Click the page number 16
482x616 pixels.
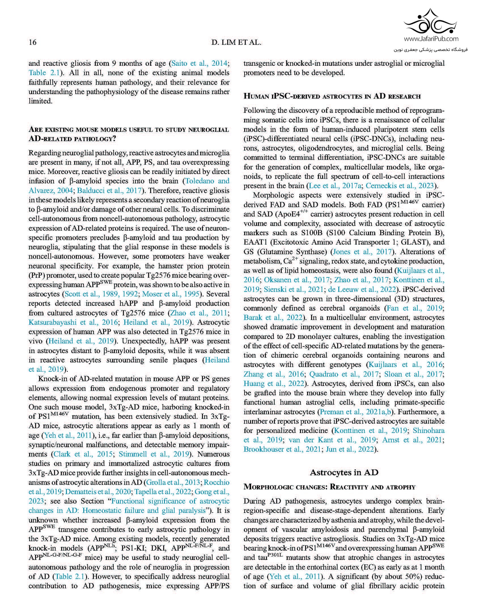click(33, 43)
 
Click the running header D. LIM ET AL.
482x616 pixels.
click(236, 43)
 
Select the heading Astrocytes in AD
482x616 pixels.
click(344, 472)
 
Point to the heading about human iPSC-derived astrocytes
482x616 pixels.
click(332, 96)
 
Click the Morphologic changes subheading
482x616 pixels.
click(329, 487)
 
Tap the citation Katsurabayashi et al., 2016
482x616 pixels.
click(73, 322)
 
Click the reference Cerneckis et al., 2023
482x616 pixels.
click(400, 186)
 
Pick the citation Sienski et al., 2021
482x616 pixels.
click(293, 289)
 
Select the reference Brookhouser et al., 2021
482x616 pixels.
click(282, 449)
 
